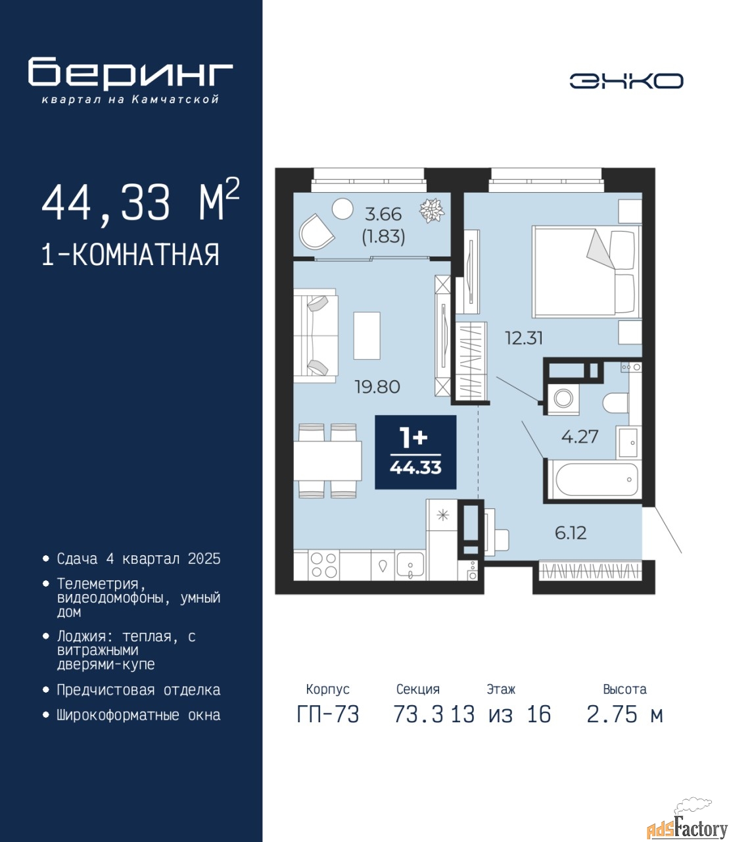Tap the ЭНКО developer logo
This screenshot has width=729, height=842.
point(626,81)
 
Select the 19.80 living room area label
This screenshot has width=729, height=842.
point(377,387)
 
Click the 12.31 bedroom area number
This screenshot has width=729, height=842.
point(523,337)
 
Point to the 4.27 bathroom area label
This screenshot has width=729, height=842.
point(580,437)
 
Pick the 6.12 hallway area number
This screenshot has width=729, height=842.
point(571,532)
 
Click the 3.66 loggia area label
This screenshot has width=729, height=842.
point(383,214)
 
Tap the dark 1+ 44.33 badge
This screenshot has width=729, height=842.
point(415,452)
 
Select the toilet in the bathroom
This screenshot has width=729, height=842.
point(616,403)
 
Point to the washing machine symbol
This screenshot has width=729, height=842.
point(563,399)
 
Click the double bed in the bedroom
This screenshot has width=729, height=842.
point(586,272)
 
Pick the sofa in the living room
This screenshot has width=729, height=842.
point(316,335)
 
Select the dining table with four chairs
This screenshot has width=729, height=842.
point(327,460)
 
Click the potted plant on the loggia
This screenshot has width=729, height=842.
point(432,210)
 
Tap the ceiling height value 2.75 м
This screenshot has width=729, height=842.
point(624,715)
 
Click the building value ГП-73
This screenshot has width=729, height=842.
point(327,715)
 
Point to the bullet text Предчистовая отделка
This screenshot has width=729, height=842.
point(139,690)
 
